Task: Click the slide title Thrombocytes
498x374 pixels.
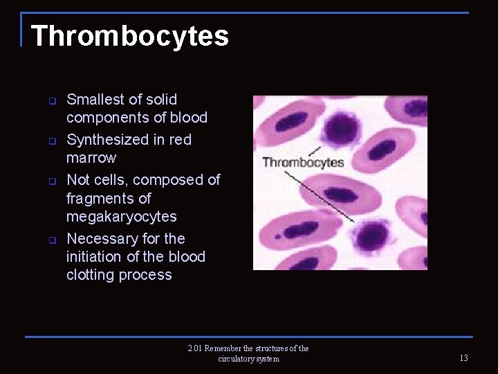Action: [130, 36]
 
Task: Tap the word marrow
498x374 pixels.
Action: [91, 158]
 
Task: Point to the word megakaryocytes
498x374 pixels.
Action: [122, 217]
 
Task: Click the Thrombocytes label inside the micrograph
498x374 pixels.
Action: [303, 163]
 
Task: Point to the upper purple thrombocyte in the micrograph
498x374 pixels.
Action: [338, 130]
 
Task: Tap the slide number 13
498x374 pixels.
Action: [463, 358]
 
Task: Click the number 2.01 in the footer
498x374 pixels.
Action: [195, 348]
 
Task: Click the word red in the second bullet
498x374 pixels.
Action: [181, 140]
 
